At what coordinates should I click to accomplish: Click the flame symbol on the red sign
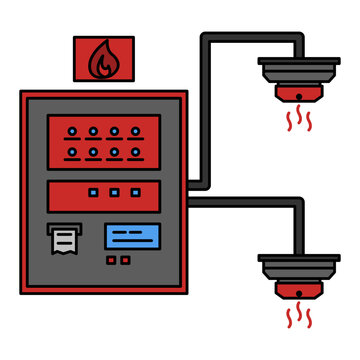(x=102, y=62)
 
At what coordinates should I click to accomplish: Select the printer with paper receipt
(x=65, y=238)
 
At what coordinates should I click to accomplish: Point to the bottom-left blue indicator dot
(x=71, y=153)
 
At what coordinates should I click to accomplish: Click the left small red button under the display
(x=112, y=261)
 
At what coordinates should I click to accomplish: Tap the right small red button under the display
(x=125, y=261)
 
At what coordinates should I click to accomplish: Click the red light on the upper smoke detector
(x=298, y=96)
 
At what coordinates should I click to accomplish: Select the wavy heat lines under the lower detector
(x=298, y=319)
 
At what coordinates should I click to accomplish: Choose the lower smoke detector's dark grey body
(x=298, y=272)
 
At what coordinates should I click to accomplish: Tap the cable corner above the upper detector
(x=298, y=41)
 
